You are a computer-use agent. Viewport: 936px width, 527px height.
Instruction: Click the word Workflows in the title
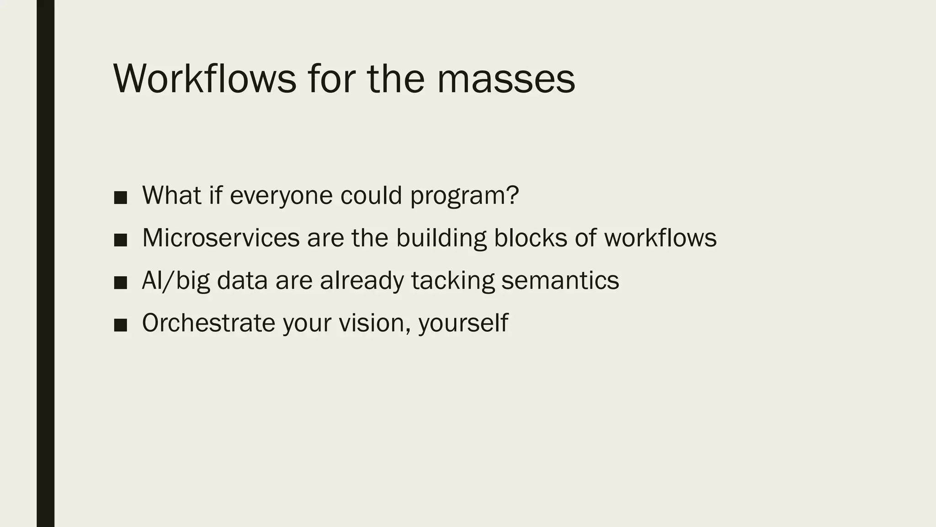point(205,79)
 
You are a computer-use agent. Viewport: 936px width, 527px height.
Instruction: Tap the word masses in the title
point(506,79)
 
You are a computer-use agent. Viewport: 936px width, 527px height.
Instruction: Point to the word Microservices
point(221,238)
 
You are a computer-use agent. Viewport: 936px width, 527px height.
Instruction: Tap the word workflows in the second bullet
point(660,238)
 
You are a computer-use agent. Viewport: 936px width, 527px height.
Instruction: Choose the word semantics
point(560,281)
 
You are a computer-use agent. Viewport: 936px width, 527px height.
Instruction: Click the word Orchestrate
point(208,323)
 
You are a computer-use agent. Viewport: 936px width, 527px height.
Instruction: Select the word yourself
point(463,323)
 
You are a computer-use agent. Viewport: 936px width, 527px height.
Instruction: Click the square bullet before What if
point(120,198)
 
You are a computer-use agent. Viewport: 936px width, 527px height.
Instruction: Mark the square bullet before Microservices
point(120,240)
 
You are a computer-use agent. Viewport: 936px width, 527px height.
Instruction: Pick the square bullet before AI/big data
point(120,283)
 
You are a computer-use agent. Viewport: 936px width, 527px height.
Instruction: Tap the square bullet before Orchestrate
point(120,325)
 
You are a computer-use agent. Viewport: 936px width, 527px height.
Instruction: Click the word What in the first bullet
point(172,195)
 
